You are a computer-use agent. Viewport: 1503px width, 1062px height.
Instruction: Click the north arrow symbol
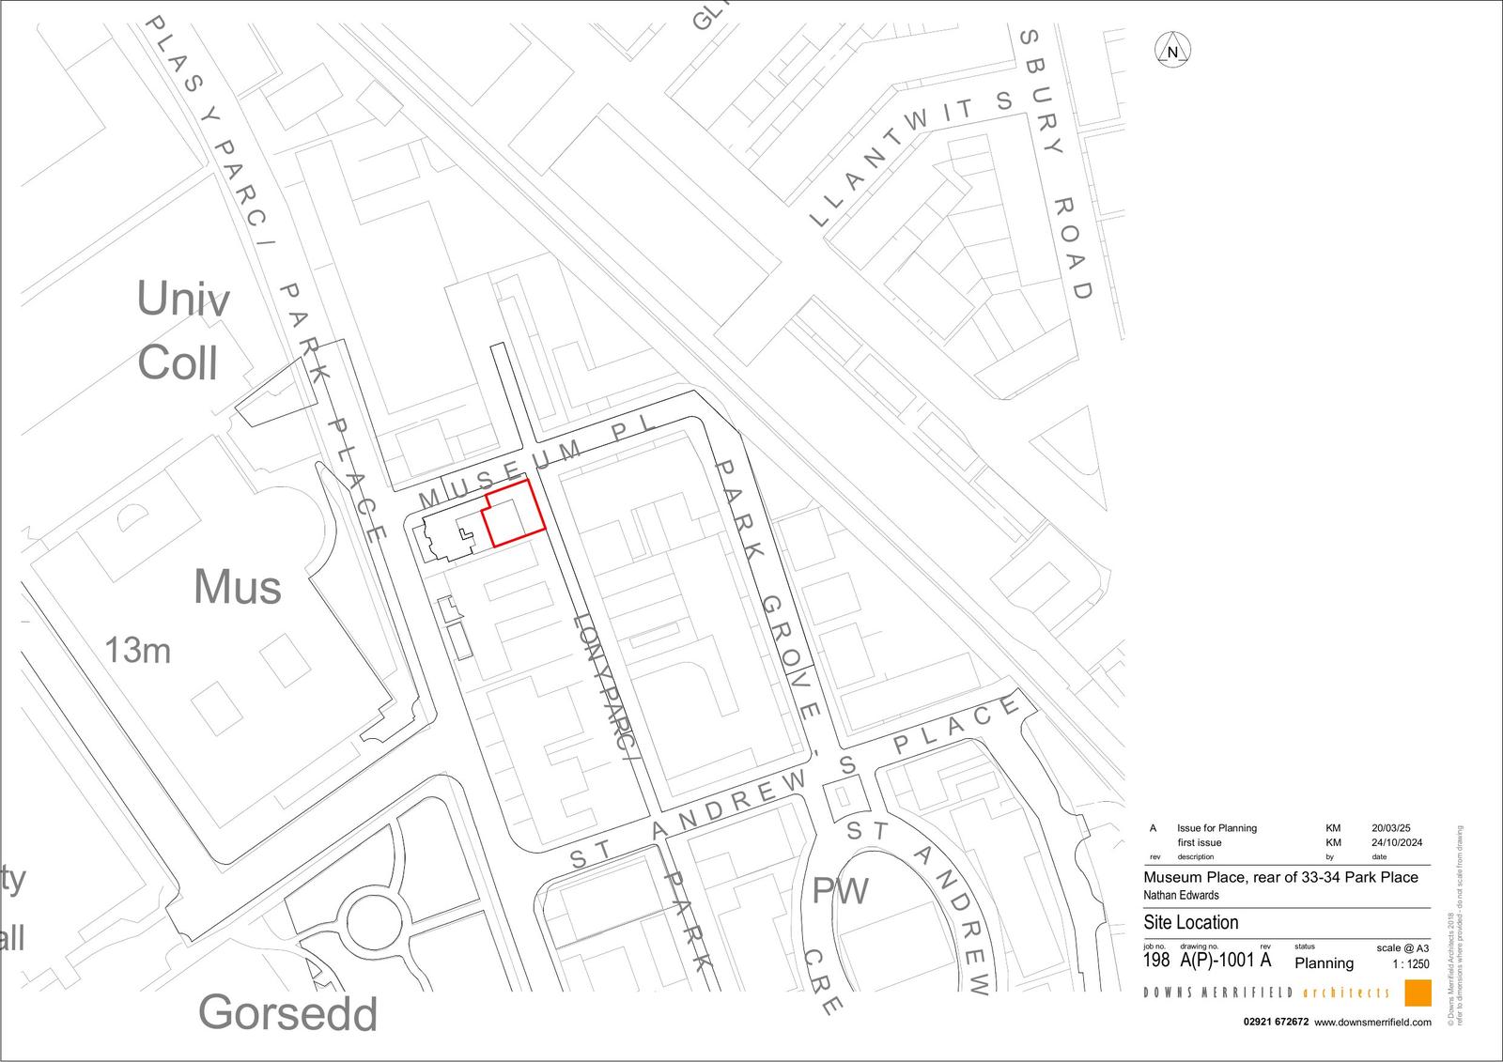coord(1172,51)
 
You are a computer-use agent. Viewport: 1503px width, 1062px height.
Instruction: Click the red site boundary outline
coord(514,513)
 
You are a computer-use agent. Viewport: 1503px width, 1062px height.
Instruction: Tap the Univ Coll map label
coord(181,331)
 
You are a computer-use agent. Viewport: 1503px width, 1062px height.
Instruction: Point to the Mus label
coord(237,588)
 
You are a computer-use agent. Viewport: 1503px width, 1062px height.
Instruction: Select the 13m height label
coord(137,650)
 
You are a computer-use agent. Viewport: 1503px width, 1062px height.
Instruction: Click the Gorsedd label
coord(287,1014)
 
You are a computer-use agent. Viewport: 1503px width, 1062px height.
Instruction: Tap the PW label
coord(840,891)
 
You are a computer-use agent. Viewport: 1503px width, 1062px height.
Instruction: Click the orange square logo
coord(1418,993)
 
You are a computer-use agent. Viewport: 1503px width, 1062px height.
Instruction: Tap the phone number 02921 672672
coord(1276,1023)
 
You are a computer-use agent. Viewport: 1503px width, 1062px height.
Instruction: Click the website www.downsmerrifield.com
coord(1372,1023)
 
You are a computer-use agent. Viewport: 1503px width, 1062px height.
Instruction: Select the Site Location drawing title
coord(1190,922)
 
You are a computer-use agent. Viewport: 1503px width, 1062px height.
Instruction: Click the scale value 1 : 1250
coord(1411,964)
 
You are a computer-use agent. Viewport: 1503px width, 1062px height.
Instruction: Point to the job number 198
coord(1156,961)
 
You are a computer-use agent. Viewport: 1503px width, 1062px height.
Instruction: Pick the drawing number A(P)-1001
coord(1216,961)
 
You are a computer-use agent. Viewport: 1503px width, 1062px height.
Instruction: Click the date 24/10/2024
coord(1397,842)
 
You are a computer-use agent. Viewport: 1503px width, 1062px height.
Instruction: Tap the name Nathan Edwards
coord(1181,895)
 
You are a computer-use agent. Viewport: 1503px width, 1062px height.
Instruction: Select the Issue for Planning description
coord(1216,828)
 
